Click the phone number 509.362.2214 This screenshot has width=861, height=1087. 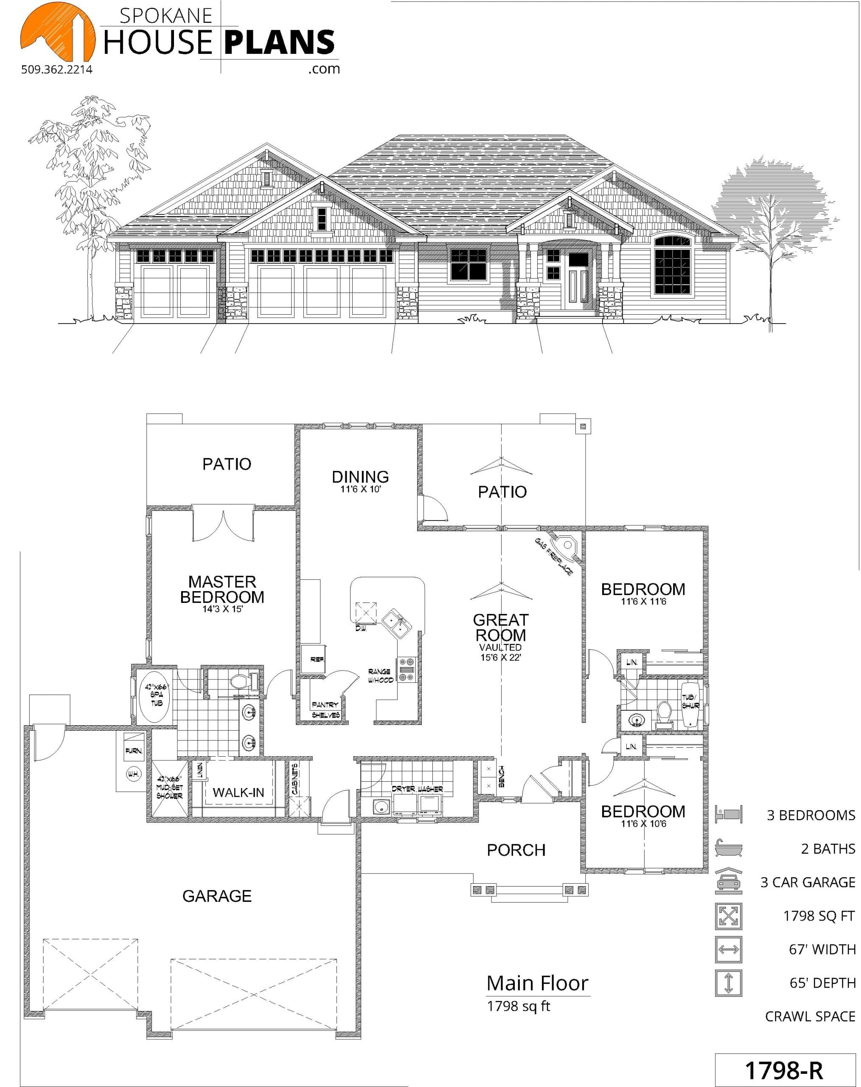click(x=57, y=70)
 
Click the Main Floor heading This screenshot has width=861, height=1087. click(x=537, y=983)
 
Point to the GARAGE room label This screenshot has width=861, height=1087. click(x=217, y=896)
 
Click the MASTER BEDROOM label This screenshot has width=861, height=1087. click(x=222, y=589)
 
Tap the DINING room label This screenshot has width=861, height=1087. click(x=360, y=476)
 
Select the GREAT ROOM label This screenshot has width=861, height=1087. click(x=501, y=627)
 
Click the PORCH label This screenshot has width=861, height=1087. click(x=516, y=850)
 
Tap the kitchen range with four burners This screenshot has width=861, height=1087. click(x=407, y=670)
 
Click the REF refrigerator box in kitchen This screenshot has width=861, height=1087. click(x=313, y=659)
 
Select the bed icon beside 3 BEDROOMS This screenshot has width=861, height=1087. click(x=729, y=814)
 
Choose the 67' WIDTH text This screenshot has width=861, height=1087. click(x=822, y=949)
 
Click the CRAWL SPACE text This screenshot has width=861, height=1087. click(x=810, y=1017)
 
